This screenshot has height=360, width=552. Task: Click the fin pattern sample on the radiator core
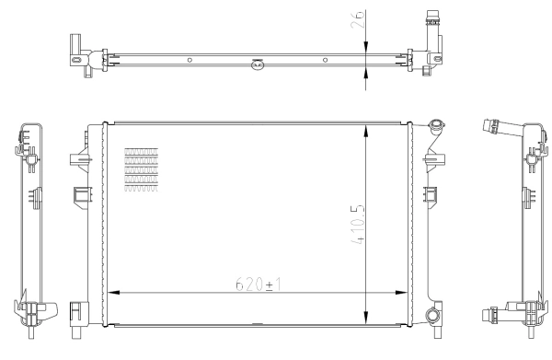(x=141, y=169)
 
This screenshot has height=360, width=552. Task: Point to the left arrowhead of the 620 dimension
(x=114, y=294)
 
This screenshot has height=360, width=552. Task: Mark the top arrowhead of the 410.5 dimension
(x=367, y=128)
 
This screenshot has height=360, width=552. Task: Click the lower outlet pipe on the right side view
(x=500, y=314)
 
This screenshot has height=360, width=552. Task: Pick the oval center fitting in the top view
(x=258, y=64)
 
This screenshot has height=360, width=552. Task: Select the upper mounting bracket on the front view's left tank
(x=77, y=158)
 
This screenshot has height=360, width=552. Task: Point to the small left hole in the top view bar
(x=190, y=60)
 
